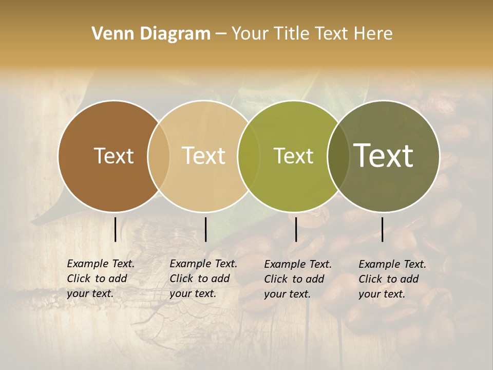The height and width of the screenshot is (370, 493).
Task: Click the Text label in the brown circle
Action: point(113,156)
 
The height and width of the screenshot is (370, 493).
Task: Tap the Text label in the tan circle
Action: point(204,156)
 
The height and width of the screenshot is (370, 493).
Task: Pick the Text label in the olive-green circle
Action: point(293,156)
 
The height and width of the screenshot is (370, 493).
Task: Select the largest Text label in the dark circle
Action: point(384,156)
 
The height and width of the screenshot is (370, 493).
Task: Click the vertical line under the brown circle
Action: point(116,229)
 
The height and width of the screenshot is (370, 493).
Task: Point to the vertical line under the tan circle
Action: point(205,229)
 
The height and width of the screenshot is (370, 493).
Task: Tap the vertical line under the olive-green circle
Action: point(296,229)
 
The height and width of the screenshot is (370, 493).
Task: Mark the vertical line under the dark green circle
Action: point(383,229)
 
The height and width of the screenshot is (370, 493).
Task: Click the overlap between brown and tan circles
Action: point(159,156)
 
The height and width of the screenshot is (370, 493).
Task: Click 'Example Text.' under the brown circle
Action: point(101,264)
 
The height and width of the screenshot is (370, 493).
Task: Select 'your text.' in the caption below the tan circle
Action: point(193,293)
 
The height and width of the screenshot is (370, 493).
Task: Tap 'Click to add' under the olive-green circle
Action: point(294,279)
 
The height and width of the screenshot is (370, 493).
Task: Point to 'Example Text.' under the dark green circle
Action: point(392,264)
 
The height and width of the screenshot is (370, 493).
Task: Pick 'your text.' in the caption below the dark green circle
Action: point(382,294)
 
